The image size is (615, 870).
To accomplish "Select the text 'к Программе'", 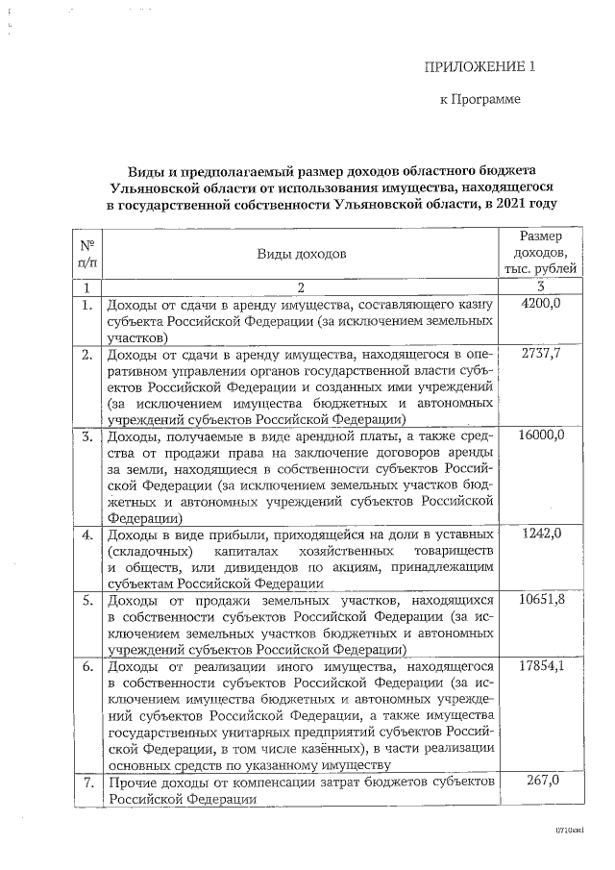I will pyautogui.click(x=480, y=99).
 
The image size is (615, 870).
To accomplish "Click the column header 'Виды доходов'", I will pyautogui.click(x=301, y=254).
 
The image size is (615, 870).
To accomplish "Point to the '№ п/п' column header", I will pyautogui.click(x=86, y=254).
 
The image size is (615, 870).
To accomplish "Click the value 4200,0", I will pyautogui.click(x=540, y=304).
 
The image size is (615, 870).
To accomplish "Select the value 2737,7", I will pyautogui.click(x=540, y=355).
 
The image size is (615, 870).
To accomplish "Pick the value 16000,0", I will pyautogui.click(x=540, y=435).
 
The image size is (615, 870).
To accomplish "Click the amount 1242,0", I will pyautogui.click(x=540, y=534).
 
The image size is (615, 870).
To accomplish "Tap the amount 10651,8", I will pyautogui.click(x=540, y=600).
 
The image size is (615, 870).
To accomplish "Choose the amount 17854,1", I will pyautogui.click(x=540, y=666).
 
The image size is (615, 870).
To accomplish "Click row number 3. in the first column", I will pyautogui.click(x=86, y=436).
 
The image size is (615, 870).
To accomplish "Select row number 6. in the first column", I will pyautogui.click(x=86, y=666).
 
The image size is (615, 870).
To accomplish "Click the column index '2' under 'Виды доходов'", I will pyautogui.click(x=301, y=286).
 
